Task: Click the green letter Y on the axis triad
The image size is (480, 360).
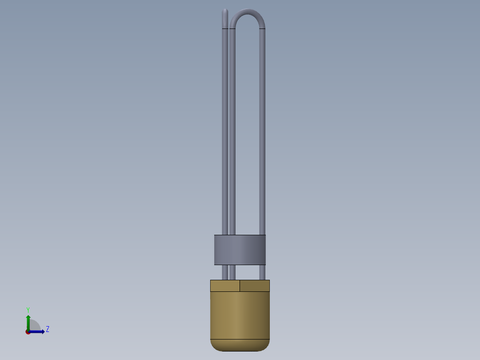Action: [x=28, y=310]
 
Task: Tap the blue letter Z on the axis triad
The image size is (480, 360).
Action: [x=48, y=329]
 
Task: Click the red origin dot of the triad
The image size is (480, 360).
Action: [x=28, y=332]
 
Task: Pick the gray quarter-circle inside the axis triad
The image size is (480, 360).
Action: [x=35, y=326]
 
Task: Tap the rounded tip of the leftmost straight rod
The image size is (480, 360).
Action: [x=225, y=11]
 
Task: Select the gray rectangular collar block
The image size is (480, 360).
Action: [x=240, y=250]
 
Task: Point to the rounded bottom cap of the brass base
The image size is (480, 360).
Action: [x=240, y=345]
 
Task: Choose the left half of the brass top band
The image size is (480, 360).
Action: [x=225, y=286]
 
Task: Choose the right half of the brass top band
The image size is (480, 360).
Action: [x=255, y=286]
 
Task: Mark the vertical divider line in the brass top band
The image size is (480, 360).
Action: [x=240, y=286]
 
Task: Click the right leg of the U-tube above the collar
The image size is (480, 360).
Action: [x=262, y=134]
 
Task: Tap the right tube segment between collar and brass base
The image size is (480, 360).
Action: [x=262, y=272]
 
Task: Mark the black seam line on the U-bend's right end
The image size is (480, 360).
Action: [x=262, y=29]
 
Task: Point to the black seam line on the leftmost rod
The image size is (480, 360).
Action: [x=225, y=29]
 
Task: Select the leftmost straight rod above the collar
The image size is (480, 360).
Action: [x=225, y=134]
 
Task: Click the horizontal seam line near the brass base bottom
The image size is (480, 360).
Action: [x=240, y=339]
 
